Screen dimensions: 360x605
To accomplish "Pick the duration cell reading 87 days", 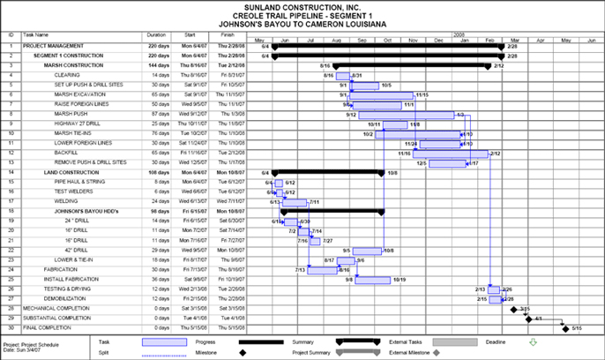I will (159, 114).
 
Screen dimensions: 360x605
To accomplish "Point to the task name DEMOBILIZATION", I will (75, 298).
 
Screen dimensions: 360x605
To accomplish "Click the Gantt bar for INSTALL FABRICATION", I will (373, 280).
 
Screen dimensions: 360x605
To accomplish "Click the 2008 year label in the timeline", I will (459, 34).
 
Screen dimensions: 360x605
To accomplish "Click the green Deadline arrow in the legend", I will (531, 341).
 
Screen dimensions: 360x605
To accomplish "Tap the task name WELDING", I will (66, 201).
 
